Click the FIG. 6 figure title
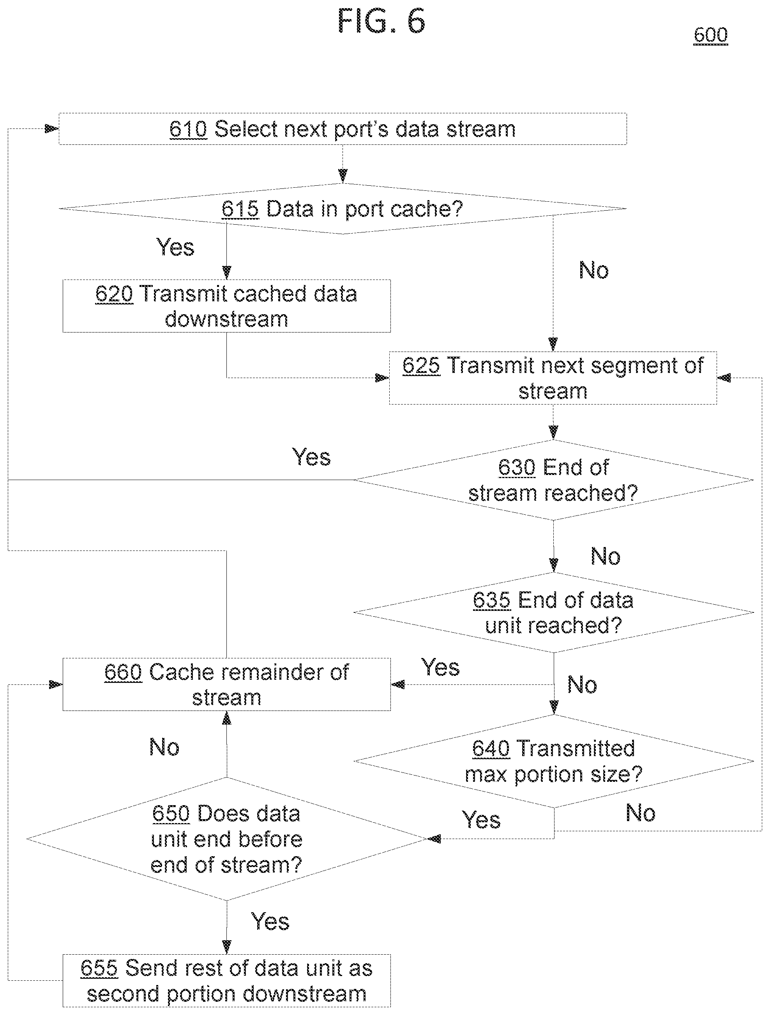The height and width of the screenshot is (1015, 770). tap(381, 21)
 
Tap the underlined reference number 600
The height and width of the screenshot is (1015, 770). tap(710, 35)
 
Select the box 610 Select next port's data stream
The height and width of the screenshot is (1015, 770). tap(343, 129)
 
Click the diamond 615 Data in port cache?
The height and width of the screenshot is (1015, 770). tap(343, 209)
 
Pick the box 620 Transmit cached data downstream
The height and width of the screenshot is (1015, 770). tap(226, 306)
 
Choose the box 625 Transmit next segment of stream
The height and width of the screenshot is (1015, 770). tap(553, 378)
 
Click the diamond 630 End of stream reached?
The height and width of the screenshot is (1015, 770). tap(553, 480)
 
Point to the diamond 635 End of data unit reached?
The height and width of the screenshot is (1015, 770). tap(553, 612)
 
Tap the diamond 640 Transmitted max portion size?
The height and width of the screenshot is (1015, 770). tap(553, 761)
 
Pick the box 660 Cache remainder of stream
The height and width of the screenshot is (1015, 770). tap(226, 684)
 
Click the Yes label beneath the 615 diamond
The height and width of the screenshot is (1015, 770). tap(175, 247)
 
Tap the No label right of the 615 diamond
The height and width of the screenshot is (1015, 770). tap(594, 270)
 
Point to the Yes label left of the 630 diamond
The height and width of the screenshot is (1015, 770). tap(311, 457)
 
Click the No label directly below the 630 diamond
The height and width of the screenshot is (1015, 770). tap(605, 556)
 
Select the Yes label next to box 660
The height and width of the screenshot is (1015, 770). tap(440, 667)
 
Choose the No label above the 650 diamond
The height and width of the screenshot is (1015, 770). tap(164, 747)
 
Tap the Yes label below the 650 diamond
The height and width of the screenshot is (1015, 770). tap(270, 922)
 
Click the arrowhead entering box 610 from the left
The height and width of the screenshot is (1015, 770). tap(52, 129)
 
